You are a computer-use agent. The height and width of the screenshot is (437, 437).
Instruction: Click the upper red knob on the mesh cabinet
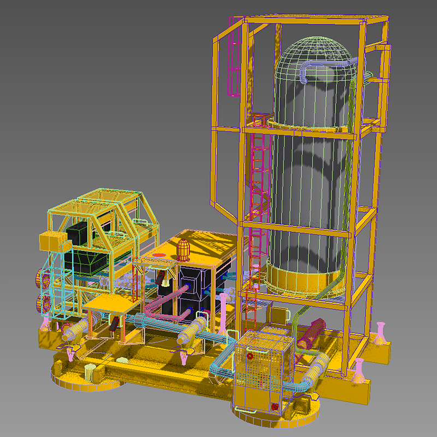point(250,356)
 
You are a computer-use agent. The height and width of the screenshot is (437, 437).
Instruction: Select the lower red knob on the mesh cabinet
point(275,406)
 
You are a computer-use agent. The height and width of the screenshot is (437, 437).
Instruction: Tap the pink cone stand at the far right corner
point(380,333)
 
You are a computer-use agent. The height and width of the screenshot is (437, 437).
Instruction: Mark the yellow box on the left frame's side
point(50,240)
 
